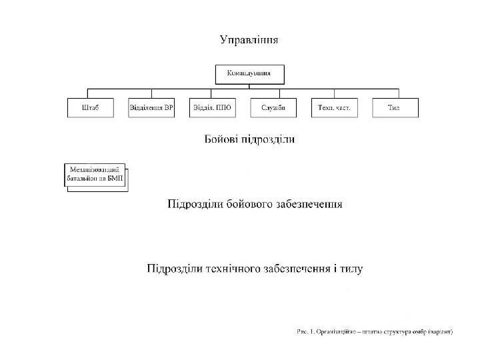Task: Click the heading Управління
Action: click(249, 40)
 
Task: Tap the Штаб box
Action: click(90, 108)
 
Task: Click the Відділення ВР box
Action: click(151, 108)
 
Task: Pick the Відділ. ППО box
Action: click(212, 108)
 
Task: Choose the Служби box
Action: click(273, 108)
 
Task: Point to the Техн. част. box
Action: click(334, 108)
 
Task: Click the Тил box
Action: click(395, 108)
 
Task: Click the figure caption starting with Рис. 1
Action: click(375, 331)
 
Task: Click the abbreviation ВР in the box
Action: click(167, 108)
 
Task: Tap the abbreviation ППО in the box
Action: click(223, 108)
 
